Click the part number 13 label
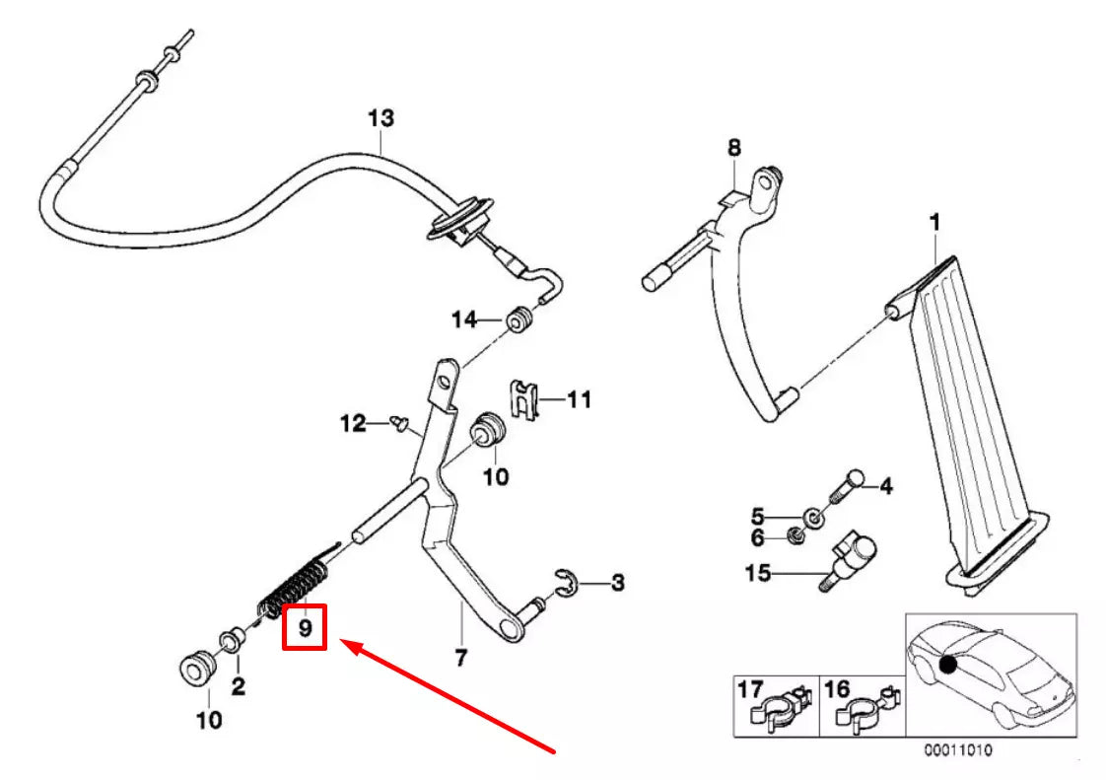380,118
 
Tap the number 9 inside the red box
305,627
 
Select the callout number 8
734,148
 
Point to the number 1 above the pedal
934,223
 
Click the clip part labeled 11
523,399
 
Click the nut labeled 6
795,535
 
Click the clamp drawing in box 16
866,708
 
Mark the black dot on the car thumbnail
948,665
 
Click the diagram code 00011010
958,749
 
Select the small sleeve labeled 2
232,640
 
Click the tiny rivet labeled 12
400,423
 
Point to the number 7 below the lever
460,657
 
